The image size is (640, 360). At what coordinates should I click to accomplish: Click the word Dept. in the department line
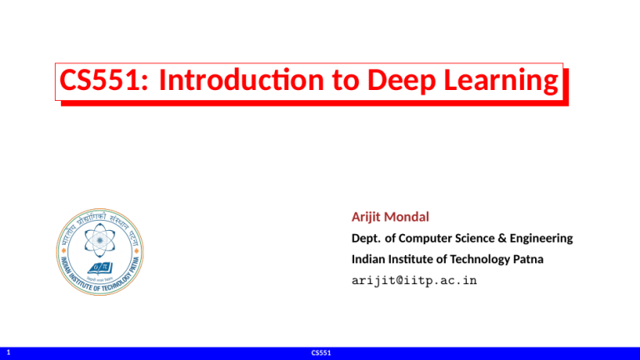(367, 238)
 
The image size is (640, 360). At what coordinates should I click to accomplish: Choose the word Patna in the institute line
(527, 259)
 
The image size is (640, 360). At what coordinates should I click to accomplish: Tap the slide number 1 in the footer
(7, 353)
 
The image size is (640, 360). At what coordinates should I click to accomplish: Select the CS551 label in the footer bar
(320, 353)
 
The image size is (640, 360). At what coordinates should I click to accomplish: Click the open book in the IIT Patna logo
(98, 267)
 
